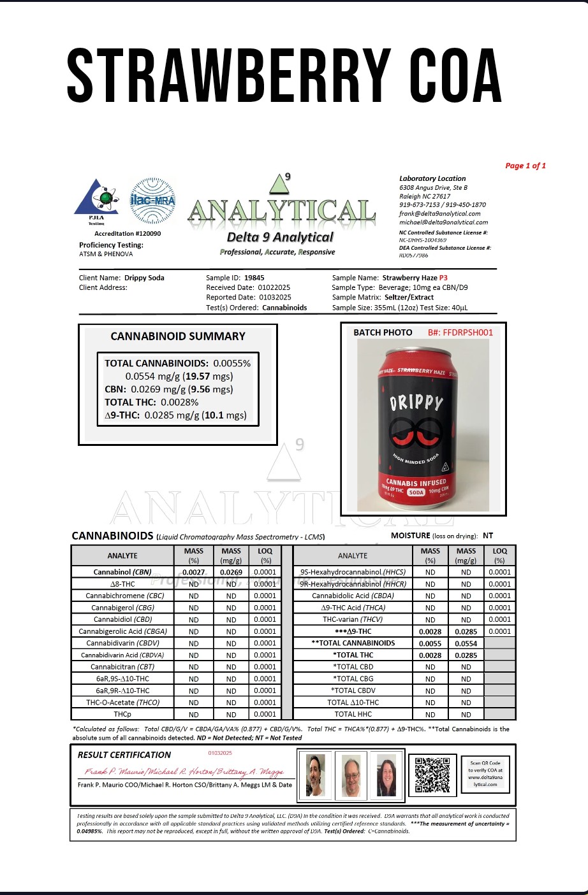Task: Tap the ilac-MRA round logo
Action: (152, 200)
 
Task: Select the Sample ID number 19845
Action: (254, 278)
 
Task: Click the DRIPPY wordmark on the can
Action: (416, 403)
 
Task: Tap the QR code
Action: (432, 774)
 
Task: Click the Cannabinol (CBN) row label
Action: (122, 572)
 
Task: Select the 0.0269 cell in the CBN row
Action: (231, 572)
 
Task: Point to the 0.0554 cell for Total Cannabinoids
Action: (466, 643)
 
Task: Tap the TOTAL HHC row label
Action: (353, 714)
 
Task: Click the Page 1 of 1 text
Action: (526, 166)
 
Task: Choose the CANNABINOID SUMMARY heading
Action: (178, 336)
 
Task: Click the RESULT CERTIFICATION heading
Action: (124, 755)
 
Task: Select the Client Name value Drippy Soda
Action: (144, 278)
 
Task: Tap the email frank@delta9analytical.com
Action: (440, 214)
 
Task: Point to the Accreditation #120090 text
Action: (128, 234)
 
